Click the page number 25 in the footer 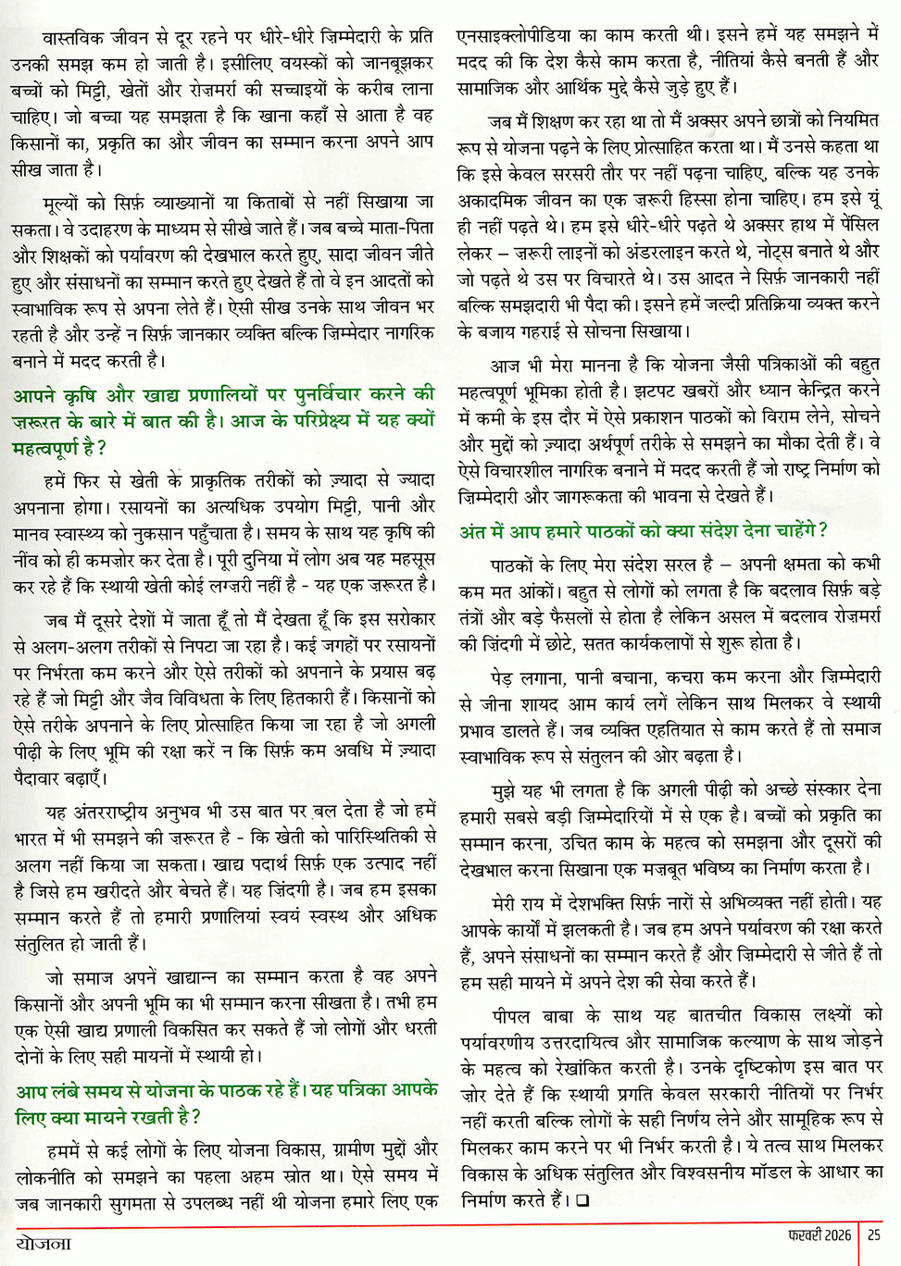pyautogui.click(x=874, y=1235)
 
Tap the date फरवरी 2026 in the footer pyautogui.click(x=820, y=1235)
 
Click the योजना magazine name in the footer pyautogui.click(x=44, y=1242)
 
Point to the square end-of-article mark pyautogui.click(x=582, y=1201)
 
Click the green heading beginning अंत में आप pyautogui.click(x=644, y=531)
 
